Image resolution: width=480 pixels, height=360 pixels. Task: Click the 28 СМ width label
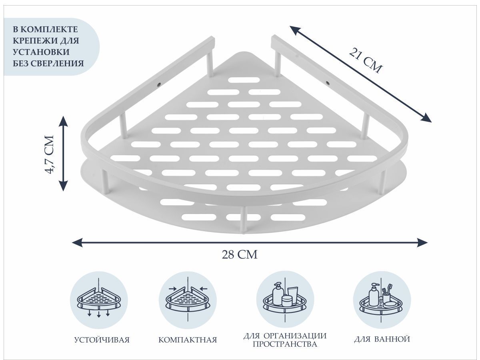click(x=240, y=255)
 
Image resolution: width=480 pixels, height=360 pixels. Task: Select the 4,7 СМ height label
click(x=50, y=154)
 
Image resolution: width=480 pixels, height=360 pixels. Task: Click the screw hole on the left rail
click(x=159, y=84)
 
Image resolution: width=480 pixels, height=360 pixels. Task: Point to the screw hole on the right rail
click(x=327, y=83)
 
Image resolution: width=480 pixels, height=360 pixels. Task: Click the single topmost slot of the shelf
click(x=244, y=80)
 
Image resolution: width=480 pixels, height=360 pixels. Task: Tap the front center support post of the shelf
click(x=243, y=220)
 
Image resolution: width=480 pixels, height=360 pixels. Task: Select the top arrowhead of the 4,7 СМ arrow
click(x=64, y=122)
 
